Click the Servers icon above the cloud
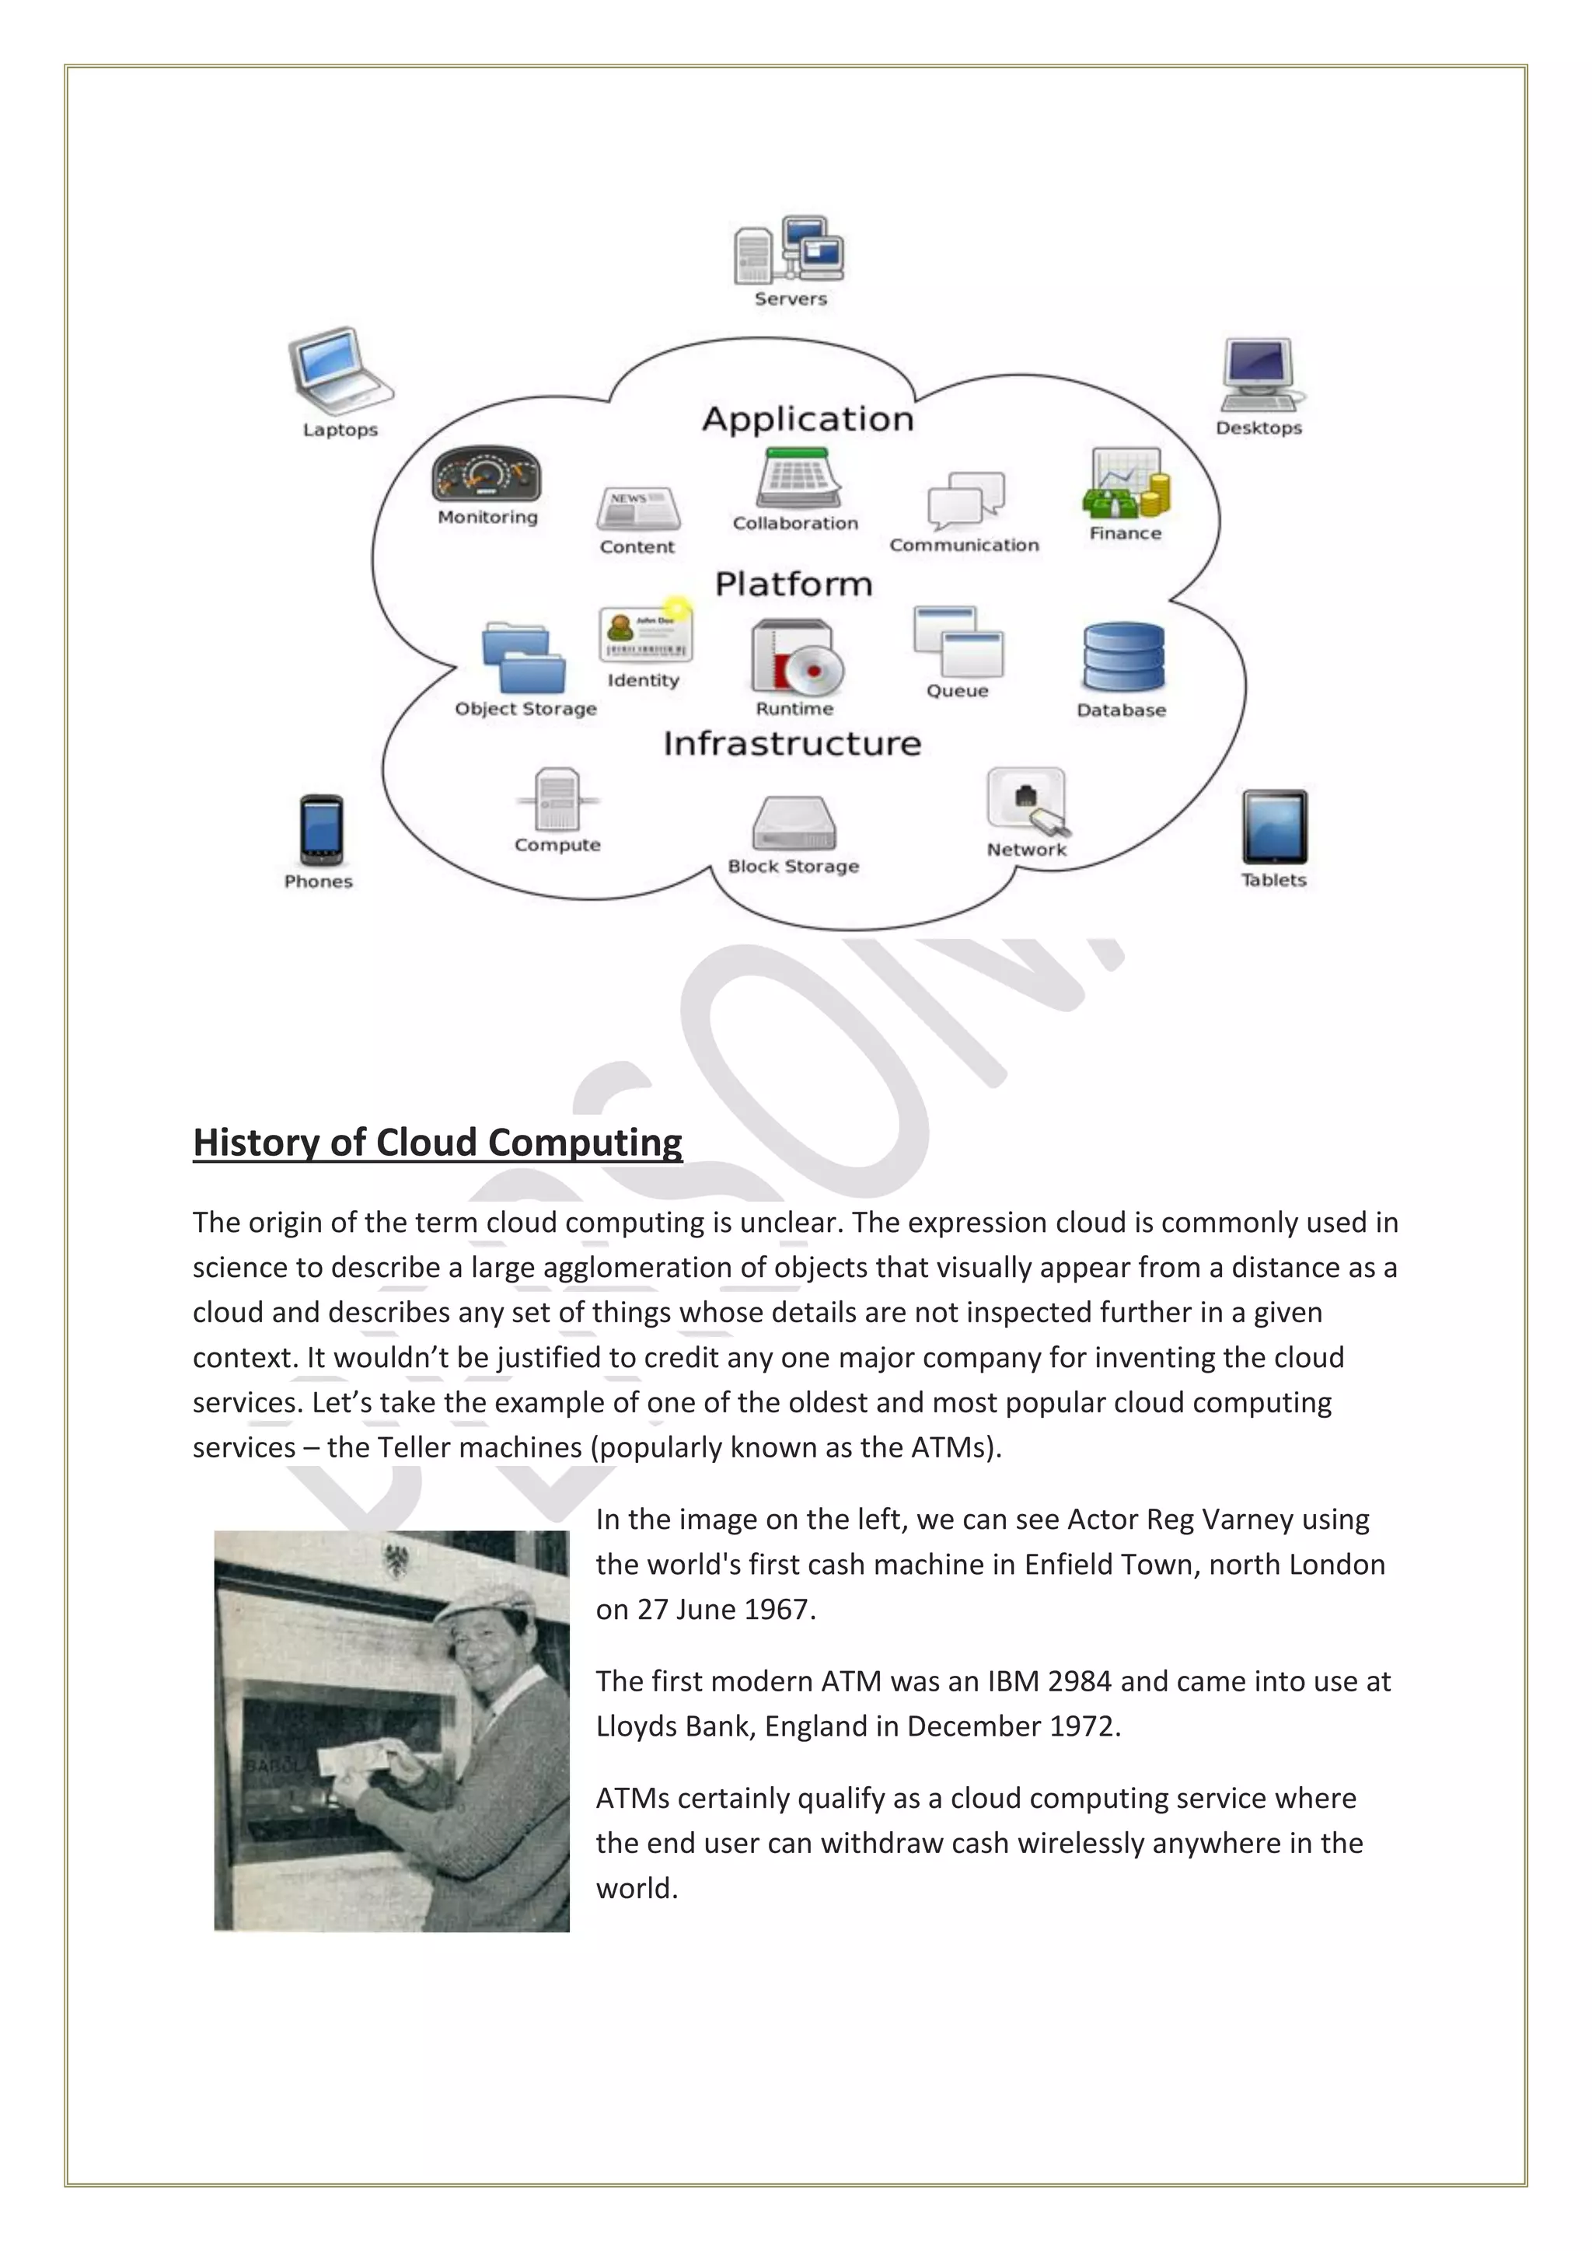pos(788,251)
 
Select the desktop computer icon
pos(1259,375)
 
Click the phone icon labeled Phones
pos(320,829)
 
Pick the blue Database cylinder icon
pos(1123,657)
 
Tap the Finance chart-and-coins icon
pos(1126,484)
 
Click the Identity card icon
pos(645,633)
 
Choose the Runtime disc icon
pos(796,657)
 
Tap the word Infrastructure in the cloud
pos(792,743)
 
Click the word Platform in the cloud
pos(793,585)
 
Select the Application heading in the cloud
pos(808,420)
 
